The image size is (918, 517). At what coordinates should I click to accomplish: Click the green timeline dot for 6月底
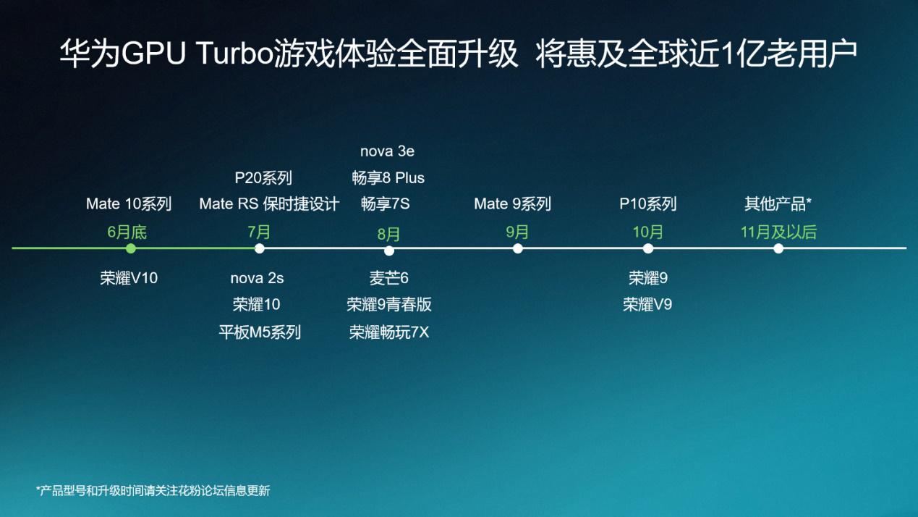(x=130, y=248)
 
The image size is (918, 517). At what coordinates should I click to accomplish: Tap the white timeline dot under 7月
(x=260, y=248)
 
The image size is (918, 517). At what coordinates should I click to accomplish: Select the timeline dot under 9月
(x=517, y=248)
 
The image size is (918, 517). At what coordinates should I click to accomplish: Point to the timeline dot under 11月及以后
(x=778, y=248)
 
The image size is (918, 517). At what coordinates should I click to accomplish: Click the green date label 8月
(x=388, y=234)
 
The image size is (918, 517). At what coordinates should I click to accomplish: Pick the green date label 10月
(x=647, y=232)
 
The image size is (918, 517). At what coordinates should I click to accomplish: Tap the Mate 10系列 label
(x=129, y=204)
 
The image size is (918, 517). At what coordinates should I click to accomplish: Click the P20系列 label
(x=263, y=178)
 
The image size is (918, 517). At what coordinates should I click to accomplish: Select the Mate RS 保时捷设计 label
(x=269, y=204)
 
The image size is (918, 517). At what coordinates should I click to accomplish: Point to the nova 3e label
(x=387, y=152)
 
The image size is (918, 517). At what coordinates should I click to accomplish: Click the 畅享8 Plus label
(x=388, y=178)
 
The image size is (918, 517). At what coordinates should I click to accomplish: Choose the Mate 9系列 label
(x=512, y=204)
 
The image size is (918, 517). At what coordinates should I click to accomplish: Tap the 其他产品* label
(x=778, y=204)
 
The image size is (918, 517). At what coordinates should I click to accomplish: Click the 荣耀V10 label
(x=129, y=278)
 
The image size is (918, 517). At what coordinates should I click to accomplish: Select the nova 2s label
(x=257, y=278)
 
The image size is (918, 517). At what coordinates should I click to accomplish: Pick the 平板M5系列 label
(x=260, y=332)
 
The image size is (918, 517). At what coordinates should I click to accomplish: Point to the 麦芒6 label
(x=388, y=278)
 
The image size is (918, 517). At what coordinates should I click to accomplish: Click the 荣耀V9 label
(x=647, y=305)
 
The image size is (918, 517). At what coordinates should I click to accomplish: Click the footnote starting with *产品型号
(x=153, y=490)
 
